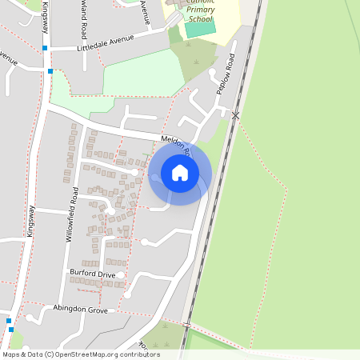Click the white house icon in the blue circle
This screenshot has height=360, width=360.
coord(180,172)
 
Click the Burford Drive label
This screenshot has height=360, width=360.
coord(92,274)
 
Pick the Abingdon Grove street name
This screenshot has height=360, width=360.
coord(80,309)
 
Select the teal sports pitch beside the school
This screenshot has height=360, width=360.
coord(200,29)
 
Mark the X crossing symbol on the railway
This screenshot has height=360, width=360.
coord(235,116)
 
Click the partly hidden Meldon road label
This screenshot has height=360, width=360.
coord(174,145)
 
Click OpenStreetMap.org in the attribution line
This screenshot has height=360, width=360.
coord(90,354)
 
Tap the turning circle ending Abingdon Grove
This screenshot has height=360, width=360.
coord(30,318)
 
